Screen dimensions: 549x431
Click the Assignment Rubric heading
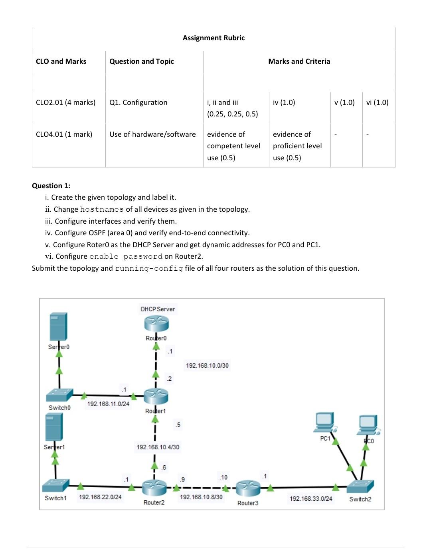pyautogui.click(x=214, y=38)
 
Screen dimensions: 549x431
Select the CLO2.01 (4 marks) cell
pyautogui.click(x=66, y=102)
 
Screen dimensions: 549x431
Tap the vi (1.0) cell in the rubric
pyautogui.click(x=377, y=102)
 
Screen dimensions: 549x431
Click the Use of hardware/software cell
pyautogui.click(x=152, y=134)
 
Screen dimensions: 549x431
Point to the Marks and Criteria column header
pyautogui.click(x=299, y=61)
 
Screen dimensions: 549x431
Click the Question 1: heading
pyautogui.click(x=51, y=186)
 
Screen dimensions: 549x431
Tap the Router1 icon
pyautogui.click(x=156, y=396)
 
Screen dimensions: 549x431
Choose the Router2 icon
pyautogui.click(x=154, y=486)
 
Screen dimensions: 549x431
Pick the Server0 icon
pyautogui.click(x=58, y=327)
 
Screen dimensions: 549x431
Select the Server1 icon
pyautogui.click(x=54, y=427)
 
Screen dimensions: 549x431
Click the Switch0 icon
pyautogui.click(x=59, y=395)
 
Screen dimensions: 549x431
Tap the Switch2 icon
pyautogui.click(x=360, y=486)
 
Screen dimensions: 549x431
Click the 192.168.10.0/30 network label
pyautogui.click(x=207, y=366)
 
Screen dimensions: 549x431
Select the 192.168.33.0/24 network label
pyautogui.click(x=311, y=499)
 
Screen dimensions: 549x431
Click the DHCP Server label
pyautogui.click(x=158, y=309)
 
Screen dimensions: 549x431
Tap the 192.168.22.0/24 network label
pyautogui.click(x=100, y=497)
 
